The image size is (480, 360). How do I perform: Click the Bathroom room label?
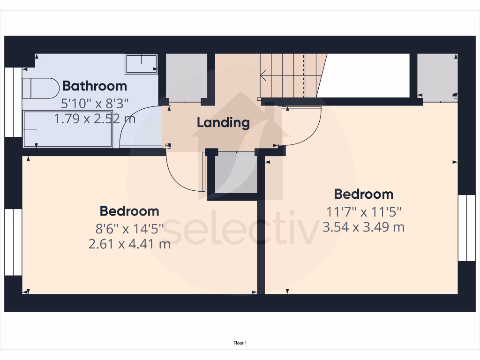[95, 86]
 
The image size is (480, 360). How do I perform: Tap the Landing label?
[223, 123]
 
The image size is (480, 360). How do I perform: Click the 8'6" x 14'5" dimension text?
[129, 229]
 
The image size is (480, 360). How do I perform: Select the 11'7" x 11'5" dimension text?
[364, 212]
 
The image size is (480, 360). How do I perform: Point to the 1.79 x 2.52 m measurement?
[95, 119]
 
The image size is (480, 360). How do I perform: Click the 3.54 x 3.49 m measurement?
[364, 227]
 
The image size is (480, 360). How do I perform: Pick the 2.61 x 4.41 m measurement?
[129, 244]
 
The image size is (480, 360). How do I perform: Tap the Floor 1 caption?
[240, 343]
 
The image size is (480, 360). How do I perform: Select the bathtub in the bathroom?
[67, 129]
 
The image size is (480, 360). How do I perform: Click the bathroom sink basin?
[141, 64]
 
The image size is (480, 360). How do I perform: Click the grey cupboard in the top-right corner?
[437, 76]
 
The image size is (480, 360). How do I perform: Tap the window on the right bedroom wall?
[463, 228]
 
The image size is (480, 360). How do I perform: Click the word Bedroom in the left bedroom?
[129, 211]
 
